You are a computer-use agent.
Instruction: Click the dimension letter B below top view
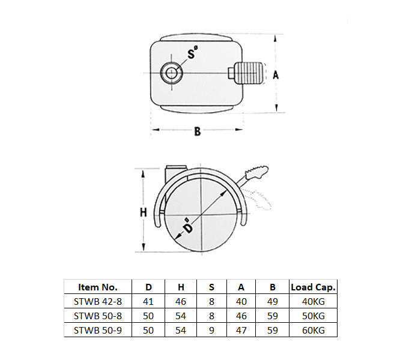coord(197,132)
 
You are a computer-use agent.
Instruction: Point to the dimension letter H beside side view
coord(143,212)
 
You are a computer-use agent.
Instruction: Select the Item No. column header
coord(98,287)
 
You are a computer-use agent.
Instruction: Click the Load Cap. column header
coord(313,287)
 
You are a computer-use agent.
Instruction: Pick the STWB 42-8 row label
coord(98,302)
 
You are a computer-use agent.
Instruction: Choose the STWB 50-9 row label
coord(98,329)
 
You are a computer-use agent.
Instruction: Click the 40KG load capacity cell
coord(313,302)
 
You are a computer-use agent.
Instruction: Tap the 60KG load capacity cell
coord(313,329)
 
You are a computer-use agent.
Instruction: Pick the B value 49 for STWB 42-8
coord(272,302)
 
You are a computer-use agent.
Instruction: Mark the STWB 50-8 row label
coord(98,316)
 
